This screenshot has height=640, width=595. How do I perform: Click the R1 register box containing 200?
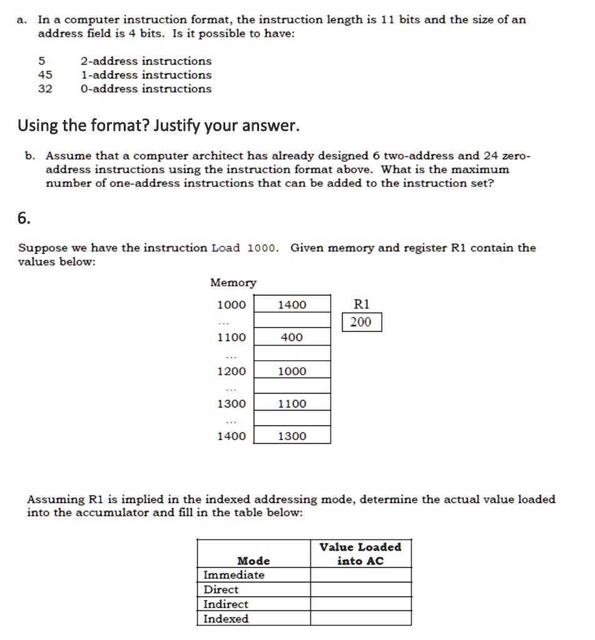point(361,322)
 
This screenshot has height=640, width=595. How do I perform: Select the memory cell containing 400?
point(292,337)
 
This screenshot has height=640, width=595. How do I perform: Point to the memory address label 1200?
point(231,371)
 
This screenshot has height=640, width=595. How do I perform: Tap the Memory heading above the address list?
point(233,283)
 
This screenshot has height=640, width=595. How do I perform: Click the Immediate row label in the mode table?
point(234,575)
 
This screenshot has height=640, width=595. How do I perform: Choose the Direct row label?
point(221,589)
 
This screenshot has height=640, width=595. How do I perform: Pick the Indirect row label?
point(226,604)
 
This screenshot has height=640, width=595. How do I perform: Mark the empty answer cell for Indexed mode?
point(361,619)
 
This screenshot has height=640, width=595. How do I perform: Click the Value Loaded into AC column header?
point(360,554)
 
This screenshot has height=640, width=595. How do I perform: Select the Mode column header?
point(253,561)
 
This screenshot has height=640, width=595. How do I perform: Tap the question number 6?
point(23,217)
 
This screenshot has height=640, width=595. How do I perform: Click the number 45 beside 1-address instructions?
point(46,75)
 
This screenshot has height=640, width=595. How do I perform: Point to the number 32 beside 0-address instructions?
point(46,89)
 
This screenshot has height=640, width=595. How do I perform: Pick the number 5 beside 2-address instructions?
point(42,61)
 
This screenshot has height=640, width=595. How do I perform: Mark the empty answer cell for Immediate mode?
point(361,575)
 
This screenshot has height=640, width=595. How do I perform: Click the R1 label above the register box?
point(362,304)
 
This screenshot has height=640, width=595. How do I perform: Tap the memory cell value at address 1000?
point(292,305)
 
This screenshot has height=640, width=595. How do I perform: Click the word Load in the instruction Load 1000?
point(226,247)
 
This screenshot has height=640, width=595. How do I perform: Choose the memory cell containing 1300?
point(292,436)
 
